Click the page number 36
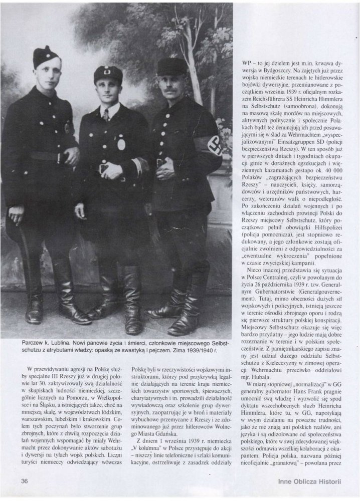point(24,481)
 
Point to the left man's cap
point(46,57)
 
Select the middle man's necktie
point(106,115)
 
